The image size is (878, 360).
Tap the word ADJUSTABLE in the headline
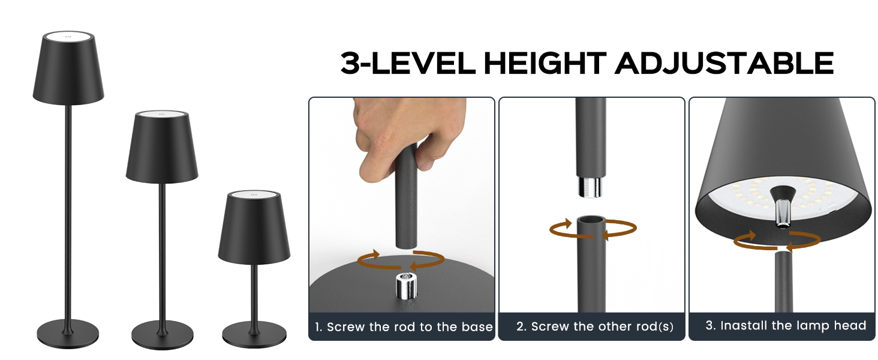[x=724, y=63]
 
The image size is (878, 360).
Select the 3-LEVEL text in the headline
[x=410, y=63]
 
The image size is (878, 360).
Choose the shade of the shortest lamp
[x=254, y=231]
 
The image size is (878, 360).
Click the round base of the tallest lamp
[x=67, y=331]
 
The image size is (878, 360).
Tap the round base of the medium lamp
[x=161, y=332]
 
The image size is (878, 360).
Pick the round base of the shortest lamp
[x=254, y=333]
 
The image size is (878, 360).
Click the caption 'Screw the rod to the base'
[x=404, y=327]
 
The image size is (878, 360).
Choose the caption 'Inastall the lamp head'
[x=786, y=326]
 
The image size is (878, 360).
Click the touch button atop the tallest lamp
[x=68, y=37]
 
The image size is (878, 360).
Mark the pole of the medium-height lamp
[x=161, y=252]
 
